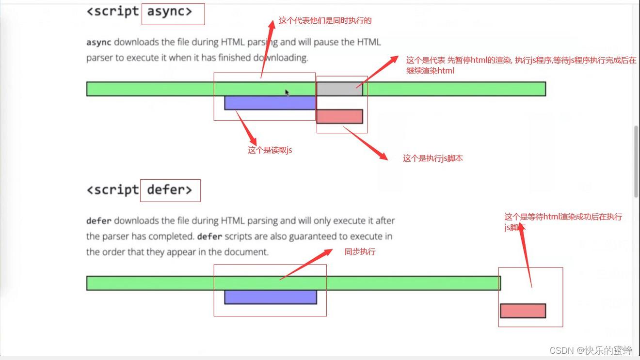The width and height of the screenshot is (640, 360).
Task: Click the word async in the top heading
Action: [169, 12]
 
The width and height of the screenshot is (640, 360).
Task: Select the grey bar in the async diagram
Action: [339, 89]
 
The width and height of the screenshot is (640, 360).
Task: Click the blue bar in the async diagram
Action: [270, 103]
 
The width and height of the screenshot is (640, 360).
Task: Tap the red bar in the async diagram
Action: [339, 116]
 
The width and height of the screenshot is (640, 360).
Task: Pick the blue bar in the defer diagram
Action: [270, 297]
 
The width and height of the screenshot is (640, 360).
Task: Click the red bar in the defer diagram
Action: [523, 311]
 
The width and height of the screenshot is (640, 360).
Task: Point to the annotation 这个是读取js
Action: [270, 150]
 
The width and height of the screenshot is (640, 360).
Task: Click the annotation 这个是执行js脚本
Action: [432, 158]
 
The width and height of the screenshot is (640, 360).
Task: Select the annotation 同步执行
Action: [360, 252]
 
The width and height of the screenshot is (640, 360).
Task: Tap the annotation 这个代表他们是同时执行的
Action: [325, 21]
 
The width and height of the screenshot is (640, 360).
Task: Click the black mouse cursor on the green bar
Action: [287, 93]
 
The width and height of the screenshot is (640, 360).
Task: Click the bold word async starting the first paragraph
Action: [98, 42]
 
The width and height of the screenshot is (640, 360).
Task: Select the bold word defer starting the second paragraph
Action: [98, 221]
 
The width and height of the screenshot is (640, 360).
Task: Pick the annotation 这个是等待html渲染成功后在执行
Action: [563, 217]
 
